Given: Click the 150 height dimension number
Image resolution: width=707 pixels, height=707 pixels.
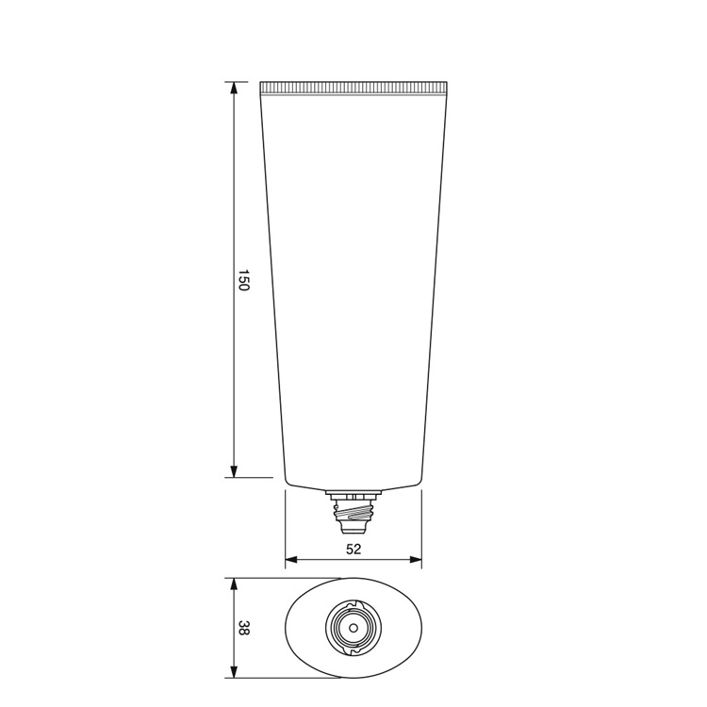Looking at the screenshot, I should pos(242,280).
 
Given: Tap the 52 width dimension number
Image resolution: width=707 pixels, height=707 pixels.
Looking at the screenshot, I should pos(354,548).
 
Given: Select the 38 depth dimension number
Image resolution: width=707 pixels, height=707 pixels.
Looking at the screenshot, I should pos(243,628).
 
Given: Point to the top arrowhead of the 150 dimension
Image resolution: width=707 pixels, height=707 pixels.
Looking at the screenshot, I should pos(234,88).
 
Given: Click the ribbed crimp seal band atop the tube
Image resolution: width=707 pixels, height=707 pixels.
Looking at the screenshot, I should pos(353,89).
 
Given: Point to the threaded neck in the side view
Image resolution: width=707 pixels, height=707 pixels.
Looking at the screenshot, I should pos(353,511).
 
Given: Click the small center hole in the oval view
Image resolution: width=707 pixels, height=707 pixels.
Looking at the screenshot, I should pos(353,628).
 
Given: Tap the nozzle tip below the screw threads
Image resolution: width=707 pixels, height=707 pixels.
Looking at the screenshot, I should pos(353,522).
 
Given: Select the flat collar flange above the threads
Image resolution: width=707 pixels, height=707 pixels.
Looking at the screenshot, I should pos(353,493).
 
